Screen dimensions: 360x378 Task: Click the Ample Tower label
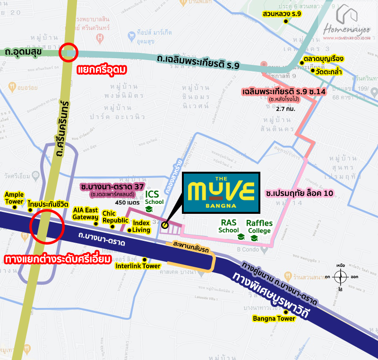click(14, 198)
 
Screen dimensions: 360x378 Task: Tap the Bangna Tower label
click(274, 318)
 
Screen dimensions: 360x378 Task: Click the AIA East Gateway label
click(86, 213)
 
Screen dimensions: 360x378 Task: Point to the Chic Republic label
click(115, 217)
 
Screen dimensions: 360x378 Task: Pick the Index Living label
click(141, 226)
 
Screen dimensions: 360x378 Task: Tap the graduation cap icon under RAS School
click(241, 237)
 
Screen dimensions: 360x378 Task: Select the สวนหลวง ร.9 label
click(285, 14)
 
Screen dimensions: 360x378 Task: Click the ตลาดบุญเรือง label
click(323, 60)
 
